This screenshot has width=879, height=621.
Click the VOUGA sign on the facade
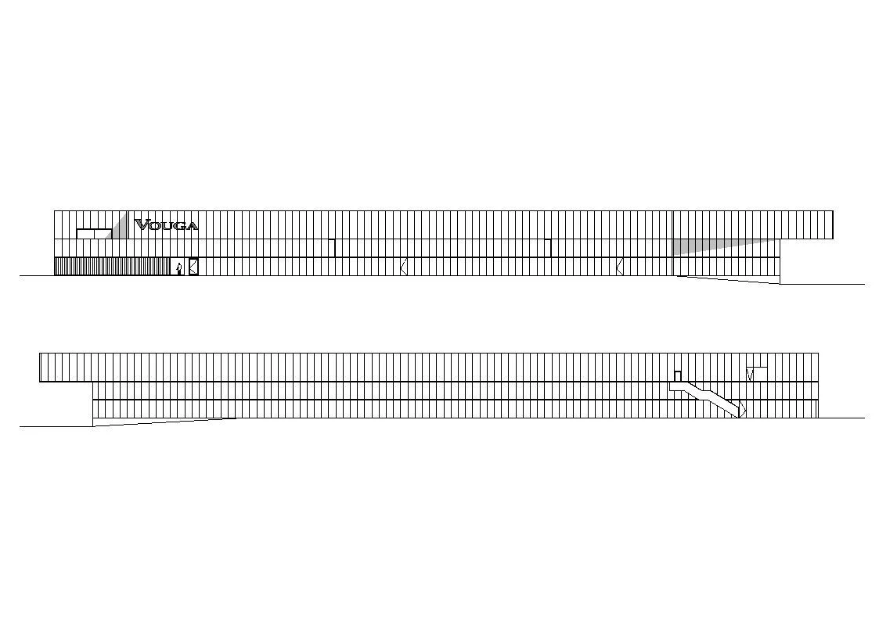coord(166,225)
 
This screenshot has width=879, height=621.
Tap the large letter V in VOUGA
coord(141,225)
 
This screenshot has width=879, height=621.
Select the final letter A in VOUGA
coord(192,226)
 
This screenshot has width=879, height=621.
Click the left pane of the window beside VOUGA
coord(85,234)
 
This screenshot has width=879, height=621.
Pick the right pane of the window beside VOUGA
coord(103,234)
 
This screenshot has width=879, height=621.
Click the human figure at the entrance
coord(178,269)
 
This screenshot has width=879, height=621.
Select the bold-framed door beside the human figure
coord(193,267)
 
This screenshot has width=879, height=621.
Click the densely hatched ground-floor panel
coord(112,267)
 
